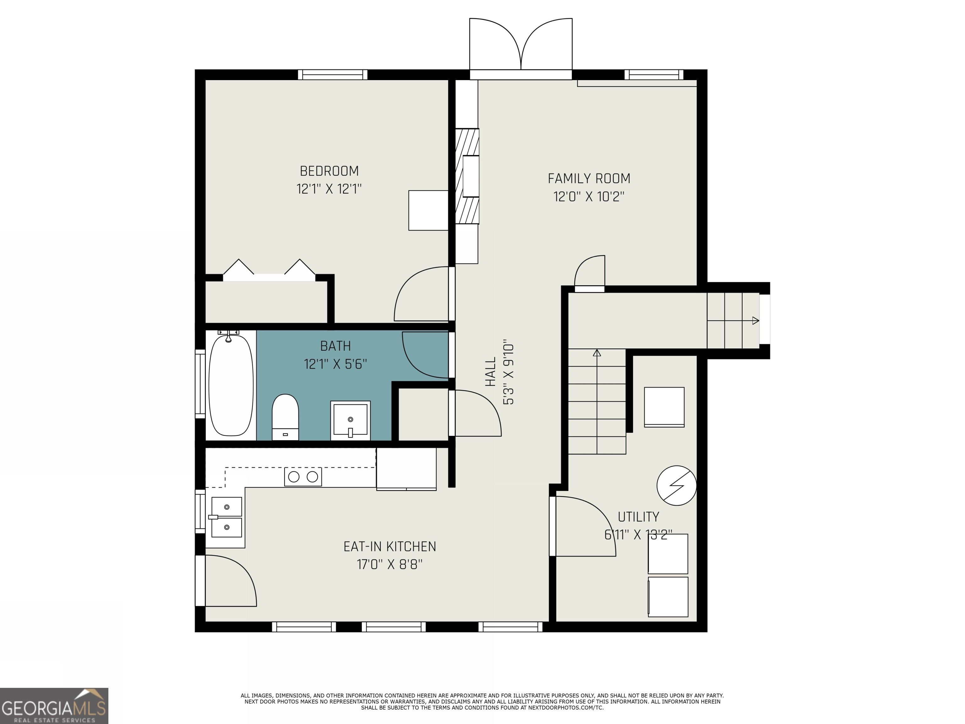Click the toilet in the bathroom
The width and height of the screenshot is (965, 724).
tap(285, 416)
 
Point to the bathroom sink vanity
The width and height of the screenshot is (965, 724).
tap(350, 420)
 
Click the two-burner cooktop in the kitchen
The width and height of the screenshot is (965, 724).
tap(303, 477)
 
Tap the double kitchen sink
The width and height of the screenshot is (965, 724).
tap(226, 517)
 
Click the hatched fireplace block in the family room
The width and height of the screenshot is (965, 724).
tap(467, 176)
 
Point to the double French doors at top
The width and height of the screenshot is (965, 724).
tap(521, 48)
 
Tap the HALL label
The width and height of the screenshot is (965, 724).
tap(491, 371)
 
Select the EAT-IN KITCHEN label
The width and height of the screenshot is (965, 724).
tap(390, 546)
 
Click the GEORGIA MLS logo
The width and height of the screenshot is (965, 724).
tap(54, 706)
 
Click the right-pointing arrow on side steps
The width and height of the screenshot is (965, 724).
tap(755, 321)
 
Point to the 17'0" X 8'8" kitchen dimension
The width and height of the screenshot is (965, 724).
tap(390, 565)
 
